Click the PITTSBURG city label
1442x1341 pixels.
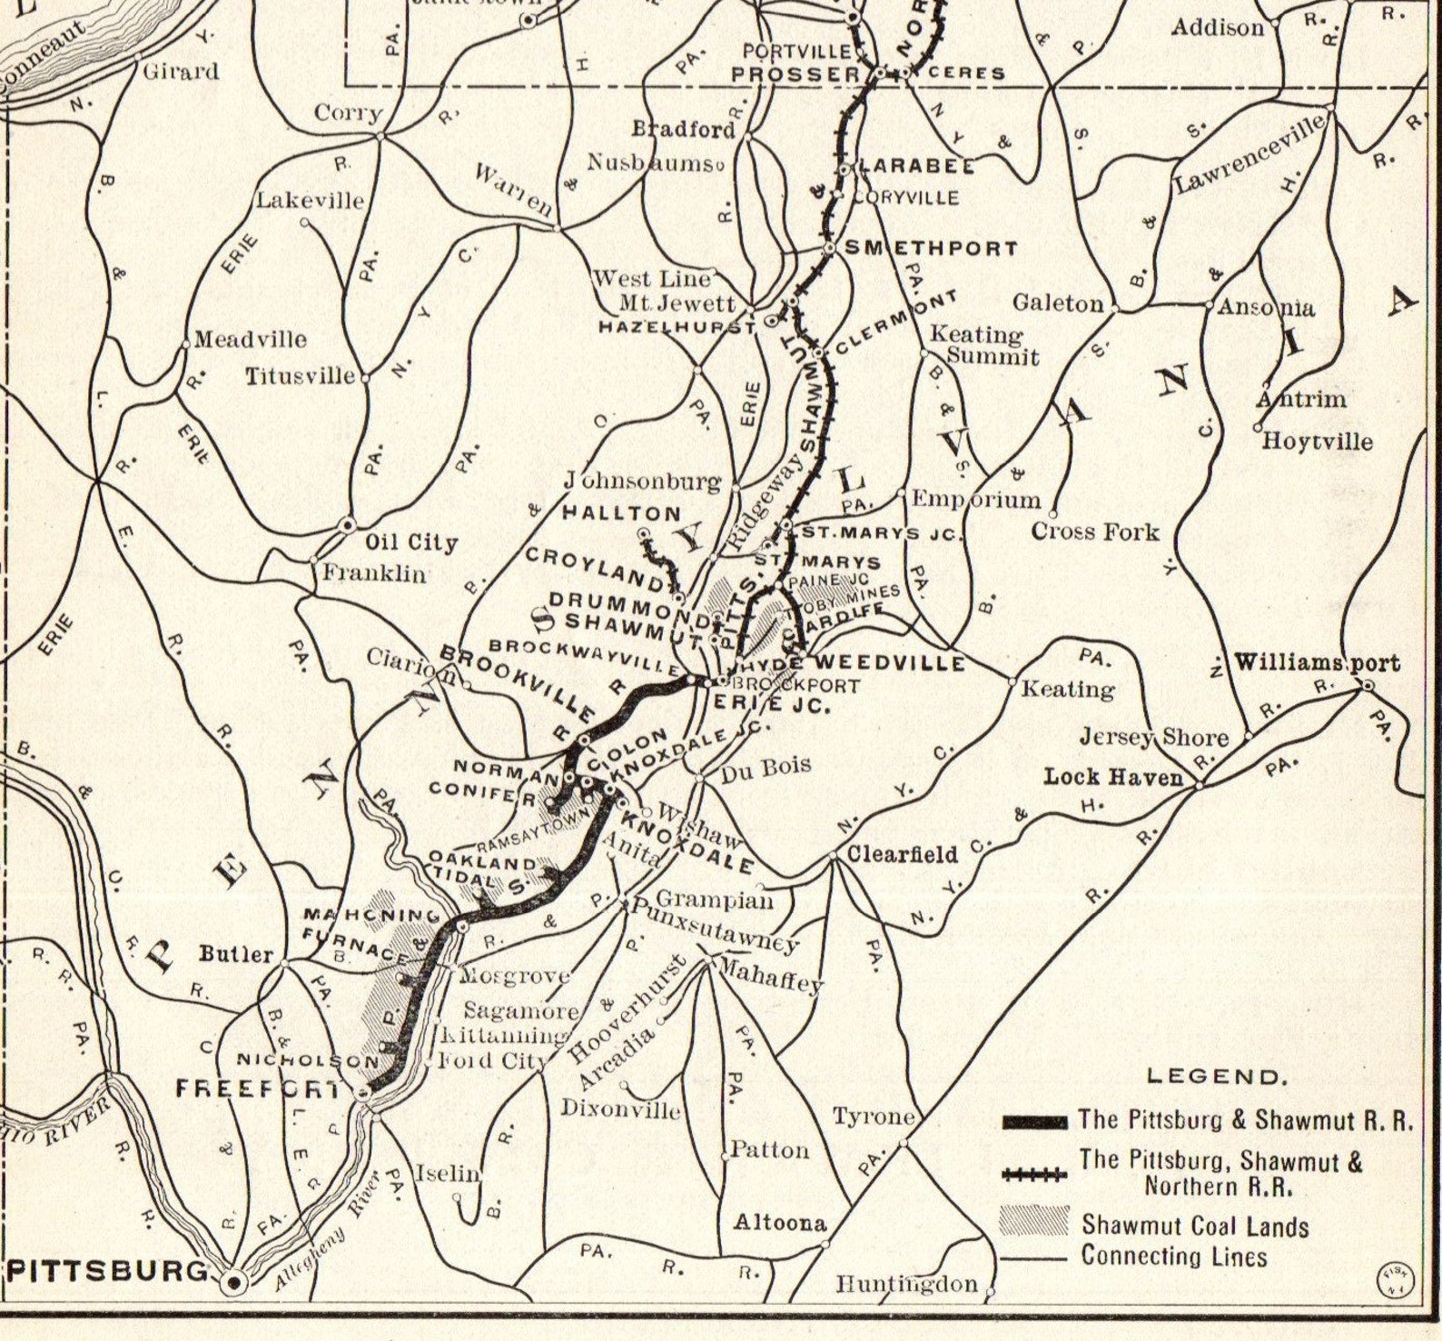107,1269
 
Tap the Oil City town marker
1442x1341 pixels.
347,525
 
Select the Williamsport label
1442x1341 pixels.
1316,662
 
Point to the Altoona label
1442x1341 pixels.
780,1223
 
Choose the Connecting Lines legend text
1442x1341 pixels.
1173,1257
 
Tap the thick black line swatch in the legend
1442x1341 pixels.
1034,1122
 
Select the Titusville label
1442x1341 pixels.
301,375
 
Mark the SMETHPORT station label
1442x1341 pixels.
932,248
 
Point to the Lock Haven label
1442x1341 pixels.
1113,777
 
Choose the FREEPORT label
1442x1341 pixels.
257,1088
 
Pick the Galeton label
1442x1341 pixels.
1059,303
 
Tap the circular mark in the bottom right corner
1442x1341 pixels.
1395,1278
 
